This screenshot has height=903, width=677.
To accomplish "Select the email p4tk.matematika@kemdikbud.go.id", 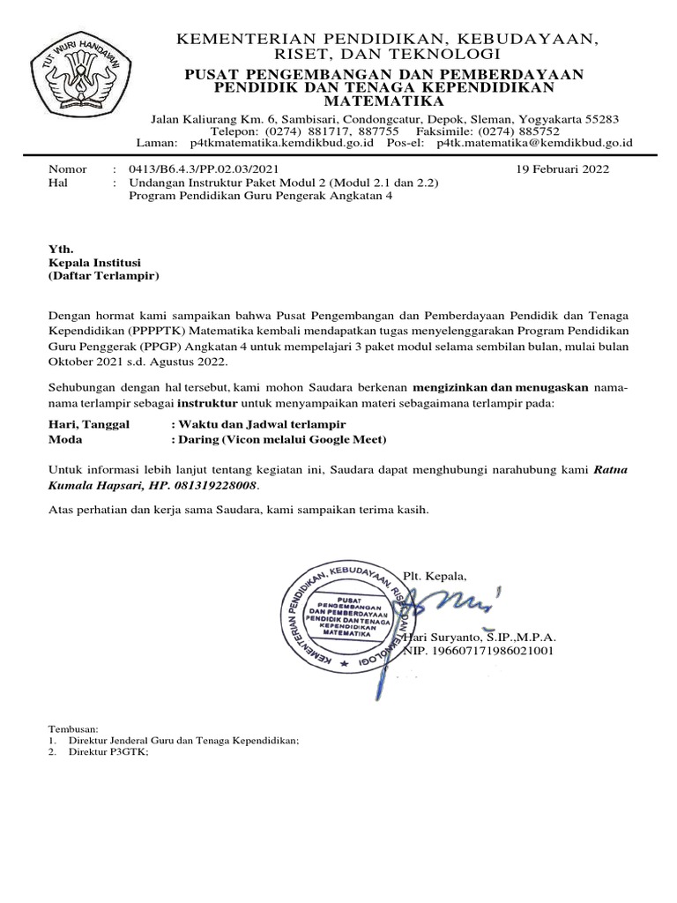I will tap(535, 142).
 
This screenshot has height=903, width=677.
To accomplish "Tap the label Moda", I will tap(64, 438).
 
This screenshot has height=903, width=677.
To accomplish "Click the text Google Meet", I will tap(349, 438).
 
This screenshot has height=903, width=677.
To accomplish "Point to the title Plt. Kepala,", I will tap(435, 576).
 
